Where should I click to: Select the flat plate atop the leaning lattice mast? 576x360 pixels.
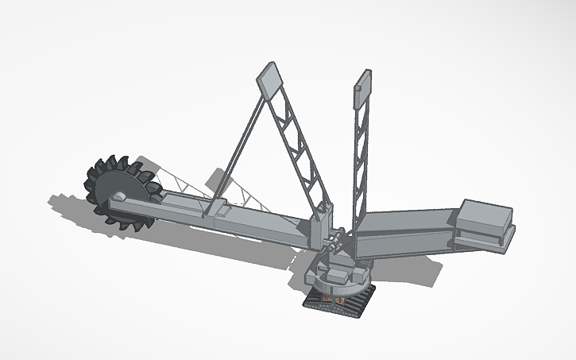[x=269, y=77]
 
